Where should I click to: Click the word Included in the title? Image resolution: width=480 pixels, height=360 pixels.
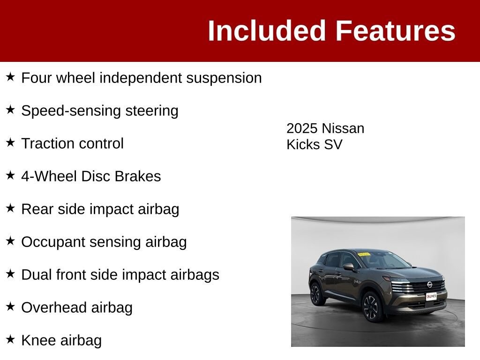(266, 30)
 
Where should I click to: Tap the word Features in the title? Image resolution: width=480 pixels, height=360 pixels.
(396, 30)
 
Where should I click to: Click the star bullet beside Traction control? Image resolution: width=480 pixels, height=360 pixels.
(10, 142)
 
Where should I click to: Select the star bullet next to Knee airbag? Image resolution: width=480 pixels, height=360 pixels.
(10, 339)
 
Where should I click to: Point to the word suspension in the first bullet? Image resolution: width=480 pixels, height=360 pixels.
(224, 78)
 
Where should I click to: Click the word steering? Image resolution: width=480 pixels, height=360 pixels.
(151, 111)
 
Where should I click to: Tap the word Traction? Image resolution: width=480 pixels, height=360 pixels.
(47, 143)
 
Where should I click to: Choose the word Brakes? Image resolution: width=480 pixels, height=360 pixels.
(138, 176)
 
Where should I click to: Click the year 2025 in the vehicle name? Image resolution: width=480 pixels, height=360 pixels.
(302, 128)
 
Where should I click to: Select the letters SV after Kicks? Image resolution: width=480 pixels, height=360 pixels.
(333, 144)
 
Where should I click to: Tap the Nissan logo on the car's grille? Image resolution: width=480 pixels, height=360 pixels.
(430, 285)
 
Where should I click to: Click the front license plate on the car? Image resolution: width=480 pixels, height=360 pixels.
(431, 296)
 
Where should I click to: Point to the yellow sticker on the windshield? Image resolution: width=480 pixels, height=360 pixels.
(364, 255)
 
